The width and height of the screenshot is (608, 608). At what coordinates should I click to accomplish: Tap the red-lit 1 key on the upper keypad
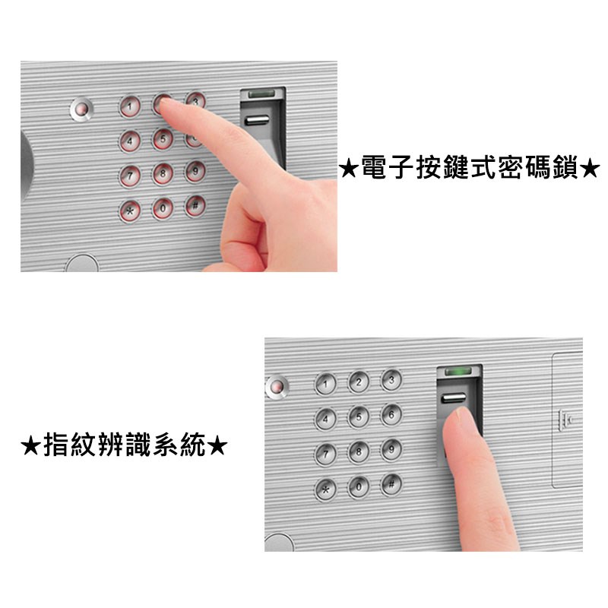point(130,106)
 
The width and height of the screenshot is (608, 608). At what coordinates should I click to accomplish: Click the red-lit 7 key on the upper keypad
point(130,176)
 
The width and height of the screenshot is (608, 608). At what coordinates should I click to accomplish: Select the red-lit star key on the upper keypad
point(130,211)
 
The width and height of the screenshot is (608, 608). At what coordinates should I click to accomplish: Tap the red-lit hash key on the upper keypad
point(195,206)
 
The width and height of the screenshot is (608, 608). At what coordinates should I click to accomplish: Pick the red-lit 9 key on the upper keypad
point(195,171)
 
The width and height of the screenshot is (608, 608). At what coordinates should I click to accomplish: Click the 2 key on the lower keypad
point(358,382)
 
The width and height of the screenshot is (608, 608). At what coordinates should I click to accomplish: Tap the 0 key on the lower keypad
point(358,486)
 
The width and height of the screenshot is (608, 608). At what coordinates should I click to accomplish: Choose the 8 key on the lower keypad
point(358,451)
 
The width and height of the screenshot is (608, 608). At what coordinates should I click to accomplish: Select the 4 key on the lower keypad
point(325,420)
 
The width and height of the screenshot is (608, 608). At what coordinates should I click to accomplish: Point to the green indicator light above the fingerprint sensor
point(458,372)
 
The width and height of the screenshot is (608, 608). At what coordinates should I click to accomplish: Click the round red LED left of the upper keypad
point(81,109)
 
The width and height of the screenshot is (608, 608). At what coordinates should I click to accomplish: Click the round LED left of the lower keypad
point(277,387)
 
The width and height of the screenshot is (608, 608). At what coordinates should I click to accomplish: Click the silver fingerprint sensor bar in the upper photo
point(256,120)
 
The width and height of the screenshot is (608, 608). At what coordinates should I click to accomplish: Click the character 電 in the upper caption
point(374,168)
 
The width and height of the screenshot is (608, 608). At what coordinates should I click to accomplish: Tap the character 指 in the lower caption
point(56,445)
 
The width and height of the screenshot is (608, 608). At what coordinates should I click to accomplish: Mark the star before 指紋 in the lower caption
point(30,446)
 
